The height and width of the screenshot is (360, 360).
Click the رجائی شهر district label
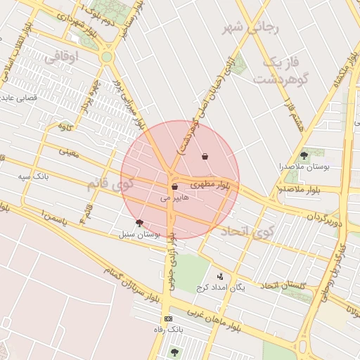pos(251,27)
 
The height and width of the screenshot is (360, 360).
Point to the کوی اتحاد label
pos(245,231)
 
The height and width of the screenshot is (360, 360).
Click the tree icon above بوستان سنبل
pos(139,223)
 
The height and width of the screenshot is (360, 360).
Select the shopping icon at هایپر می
pos(174,187)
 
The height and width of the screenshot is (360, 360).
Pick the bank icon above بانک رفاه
pos(167,319)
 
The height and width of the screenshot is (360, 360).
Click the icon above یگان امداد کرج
pos(220,276)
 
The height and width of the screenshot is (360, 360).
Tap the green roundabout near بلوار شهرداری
pos(107,57)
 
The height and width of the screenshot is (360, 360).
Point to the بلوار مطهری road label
pos(210,184)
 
